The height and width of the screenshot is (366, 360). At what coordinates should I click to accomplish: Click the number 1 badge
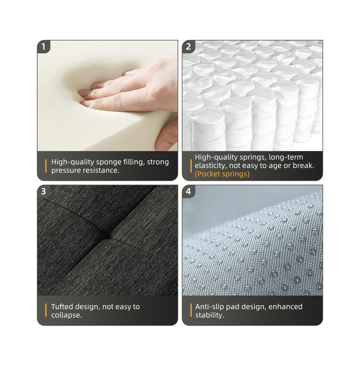tap(43, 46)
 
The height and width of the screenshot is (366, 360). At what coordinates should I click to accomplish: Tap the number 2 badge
tap(188, 46)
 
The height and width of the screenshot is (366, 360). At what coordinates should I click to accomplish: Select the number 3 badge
tap(43, 191)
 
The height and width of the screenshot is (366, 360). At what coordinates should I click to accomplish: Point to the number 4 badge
tap(188, 191)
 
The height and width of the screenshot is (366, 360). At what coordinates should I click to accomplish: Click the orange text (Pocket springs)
tap(222, 174)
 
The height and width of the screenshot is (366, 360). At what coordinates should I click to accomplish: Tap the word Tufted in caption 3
tap(62, 307)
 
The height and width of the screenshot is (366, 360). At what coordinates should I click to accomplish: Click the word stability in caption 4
tap(210, 315)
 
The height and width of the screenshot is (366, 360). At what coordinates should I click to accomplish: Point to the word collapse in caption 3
tap(67, 315)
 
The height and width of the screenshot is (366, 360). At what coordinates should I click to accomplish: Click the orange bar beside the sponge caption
tap(46, 166)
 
